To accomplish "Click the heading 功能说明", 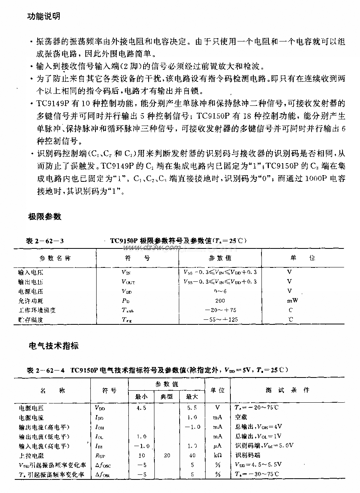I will coord(43,17).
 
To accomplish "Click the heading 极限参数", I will coord(44,216).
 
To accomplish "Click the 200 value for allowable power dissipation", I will coord(220,300).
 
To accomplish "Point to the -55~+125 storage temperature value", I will coord(220,320).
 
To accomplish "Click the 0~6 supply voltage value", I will coord(220,291).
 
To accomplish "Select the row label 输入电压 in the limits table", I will coord(31,272).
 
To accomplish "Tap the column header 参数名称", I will coord(55,258).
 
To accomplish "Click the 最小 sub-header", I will coord(141,396).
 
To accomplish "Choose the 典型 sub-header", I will coord(167,396).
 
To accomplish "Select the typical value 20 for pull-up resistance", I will coord(167,455).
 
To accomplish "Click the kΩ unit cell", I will coord(217,455).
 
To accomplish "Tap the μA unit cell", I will coord(217,446).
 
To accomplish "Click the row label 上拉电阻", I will coord(31,455).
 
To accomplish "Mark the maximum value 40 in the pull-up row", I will coord(192,455).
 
